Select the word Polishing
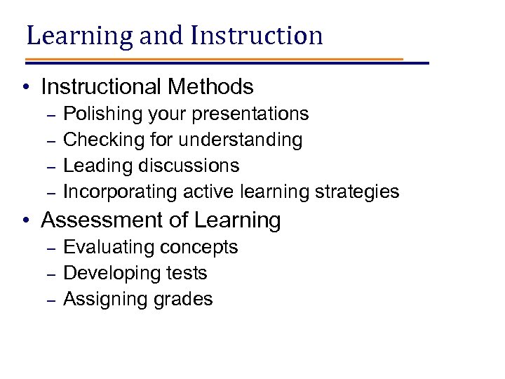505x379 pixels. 99,114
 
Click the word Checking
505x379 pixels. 97,140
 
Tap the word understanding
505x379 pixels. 241,140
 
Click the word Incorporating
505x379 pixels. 121,192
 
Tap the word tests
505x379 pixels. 188,273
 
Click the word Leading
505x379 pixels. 97,166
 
